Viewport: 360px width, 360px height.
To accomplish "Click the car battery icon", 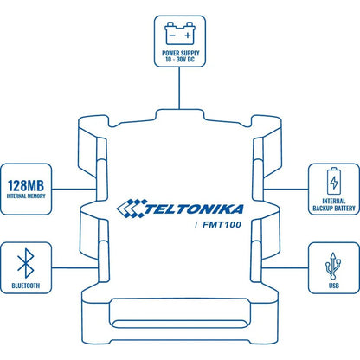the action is pyautogui.click(x=180, y=33).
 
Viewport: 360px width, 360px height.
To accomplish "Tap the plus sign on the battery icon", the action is pyautogui.click(x=188, y=35).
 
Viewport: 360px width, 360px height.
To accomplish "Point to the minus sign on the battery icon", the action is pyautogui.click(x=172, y=35).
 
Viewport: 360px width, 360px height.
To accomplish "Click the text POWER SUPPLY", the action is pyautogui.click(x=181, y=53).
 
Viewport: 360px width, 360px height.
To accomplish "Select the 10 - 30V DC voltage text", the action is pyautogui.click(x=180, y=60).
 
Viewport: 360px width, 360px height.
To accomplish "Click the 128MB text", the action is pyautogui.click(x=26, y=185).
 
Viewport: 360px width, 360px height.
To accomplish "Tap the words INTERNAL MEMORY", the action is pyautogui.click(x=26, y=196).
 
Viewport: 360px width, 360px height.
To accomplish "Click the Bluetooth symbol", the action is pyautogui.click(x=26, y=263).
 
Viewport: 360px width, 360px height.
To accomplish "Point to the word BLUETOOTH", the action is pyautogui.click(x=26, y=286).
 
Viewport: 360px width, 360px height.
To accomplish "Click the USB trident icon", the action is pyautogui.click(x=333, y=266).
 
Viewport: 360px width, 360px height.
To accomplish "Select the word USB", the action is pyautogui.click(x=334, y=286).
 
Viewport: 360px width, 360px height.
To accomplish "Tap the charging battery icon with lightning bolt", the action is pyautogui.click(x=334, y=181).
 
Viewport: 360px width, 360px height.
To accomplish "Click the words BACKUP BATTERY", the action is pyautogui.click(x=334, y=208).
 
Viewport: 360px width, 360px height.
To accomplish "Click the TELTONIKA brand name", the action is pyautogui.click(x=194, y=209).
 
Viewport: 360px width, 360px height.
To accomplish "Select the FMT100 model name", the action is pyautogui.click(x=222, y=225).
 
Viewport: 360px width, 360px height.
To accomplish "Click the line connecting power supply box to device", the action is pyautogui.click(x=179, y=88).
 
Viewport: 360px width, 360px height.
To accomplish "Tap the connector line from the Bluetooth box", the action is pyautogui.click(x=74, y=268).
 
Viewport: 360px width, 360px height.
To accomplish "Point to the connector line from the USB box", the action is pyautogui.click(x=285, y=268).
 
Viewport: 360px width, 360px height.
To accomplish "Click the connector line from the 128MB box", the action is pyautogui.click(x=74, y=190).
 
